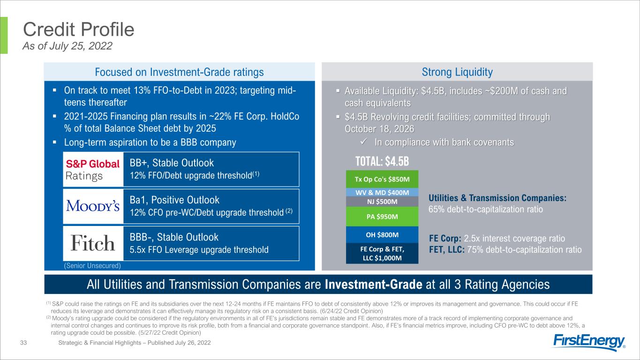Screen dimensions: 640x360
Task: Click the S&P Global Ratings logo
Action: point(92,170)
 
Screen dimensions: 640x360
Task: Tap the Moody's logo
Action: point(93,206)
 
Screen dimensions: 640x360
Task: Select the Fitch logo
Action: point(92,243)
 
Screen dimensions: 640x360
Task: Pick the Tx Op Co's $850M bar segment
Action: point(382,179)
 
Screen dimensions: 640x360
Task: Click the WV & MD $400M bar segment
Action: point(382,192)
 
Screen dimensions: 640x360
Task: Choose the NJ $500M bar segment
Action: point(382,202)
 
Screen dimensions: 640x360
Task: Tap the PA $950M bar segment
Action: point(382,216)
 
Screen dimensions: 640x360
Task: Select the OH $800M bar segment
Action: point(382,234)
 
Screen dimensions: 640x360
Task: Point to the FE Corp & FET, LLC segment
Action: point(382,253)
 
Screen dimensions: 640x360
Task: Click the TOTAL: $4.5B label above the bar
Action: point(382,161)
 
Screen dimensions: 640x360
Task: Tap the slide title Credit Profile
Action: point(79,30)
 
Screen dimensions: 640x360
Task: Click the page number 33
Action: point(23,343)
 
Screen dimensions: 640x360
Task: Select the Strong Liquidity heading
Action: point(457,72)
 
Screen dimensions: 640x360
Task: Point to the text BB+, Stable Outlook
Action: point(172,163)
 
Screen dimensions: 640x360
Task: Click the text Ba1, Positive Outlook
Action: point(174,200)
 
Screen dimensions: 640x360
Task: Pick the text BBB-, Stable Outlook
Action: point(173,237)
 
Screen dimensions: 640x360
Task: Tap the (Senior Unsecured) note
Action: point(92,266)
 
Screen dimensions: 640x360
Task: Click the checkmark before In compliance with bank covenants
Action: point(364,142)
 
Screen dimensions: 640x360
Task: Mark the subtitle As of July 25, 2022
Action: point(68,46)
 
